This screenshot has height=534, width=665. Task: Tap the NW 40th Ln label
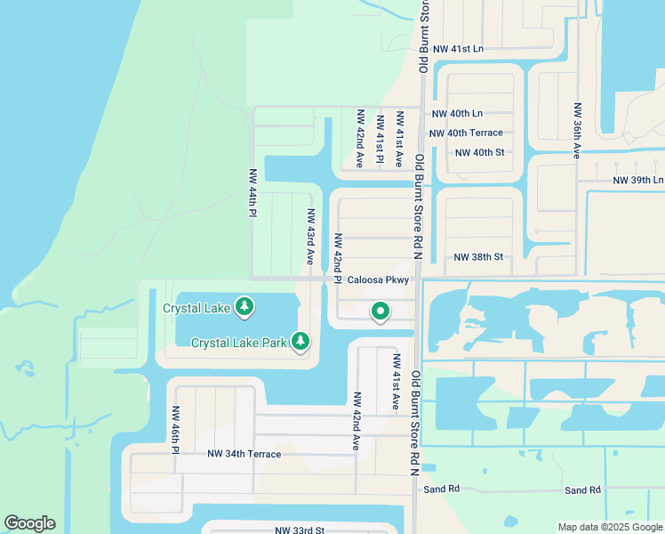[457, 114]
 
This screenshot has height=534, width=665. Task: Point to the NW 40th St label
[479, 152]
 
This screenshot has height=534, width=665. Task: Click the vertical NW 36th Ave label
[576, 130]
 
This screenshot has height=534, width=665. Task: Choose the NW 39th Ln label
[638, 180]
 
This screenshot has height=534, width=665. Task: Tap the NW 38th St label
[478, 257]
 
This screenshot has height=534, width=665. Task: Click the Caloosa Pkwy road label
[378, 279]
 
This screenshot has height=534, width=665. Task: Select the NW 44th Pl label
[253, 193]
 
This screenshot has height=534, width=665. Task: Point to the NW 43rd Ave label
[311, 237]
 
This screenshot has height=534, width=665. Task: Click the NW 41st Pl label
[380, 140]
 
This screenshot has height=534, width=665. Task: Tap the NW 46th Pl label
[176, 430]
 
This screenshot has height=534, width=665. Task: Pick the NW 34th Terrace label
[244, 454]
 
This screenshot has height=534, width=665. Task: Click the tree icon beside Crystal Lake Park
[301, 341]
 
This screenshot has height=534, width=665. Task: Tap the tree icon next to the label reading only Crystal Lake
[244, 308]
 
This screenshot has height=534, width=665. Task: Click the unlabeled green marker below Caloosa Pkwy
[381, 311]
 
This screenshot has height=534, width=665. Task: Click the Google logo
[29, 523]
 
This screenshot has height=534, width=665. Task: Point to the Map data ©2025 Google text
[609, 527]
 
